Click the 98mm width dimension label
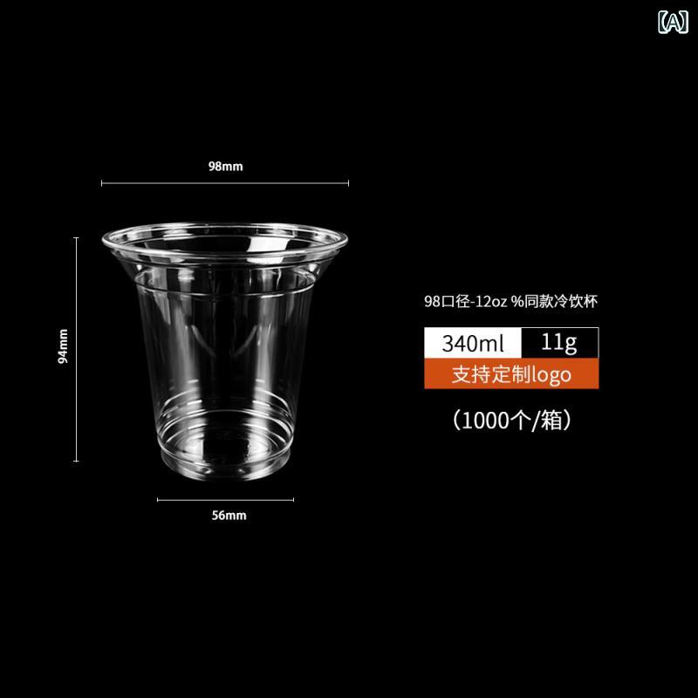[226, 167]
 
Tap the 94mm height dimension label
[63, 346]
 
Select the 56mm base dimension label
[229, 516]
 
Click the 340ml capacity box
[473, 343]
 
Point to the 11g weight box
[559, 343]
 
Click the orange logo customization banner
[511, 374]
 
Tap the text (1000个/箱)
[511, 420]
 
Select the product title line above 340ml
[510, 301]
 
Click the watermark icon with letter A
[673, 22]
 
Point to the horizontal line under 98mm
[225, 183]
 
